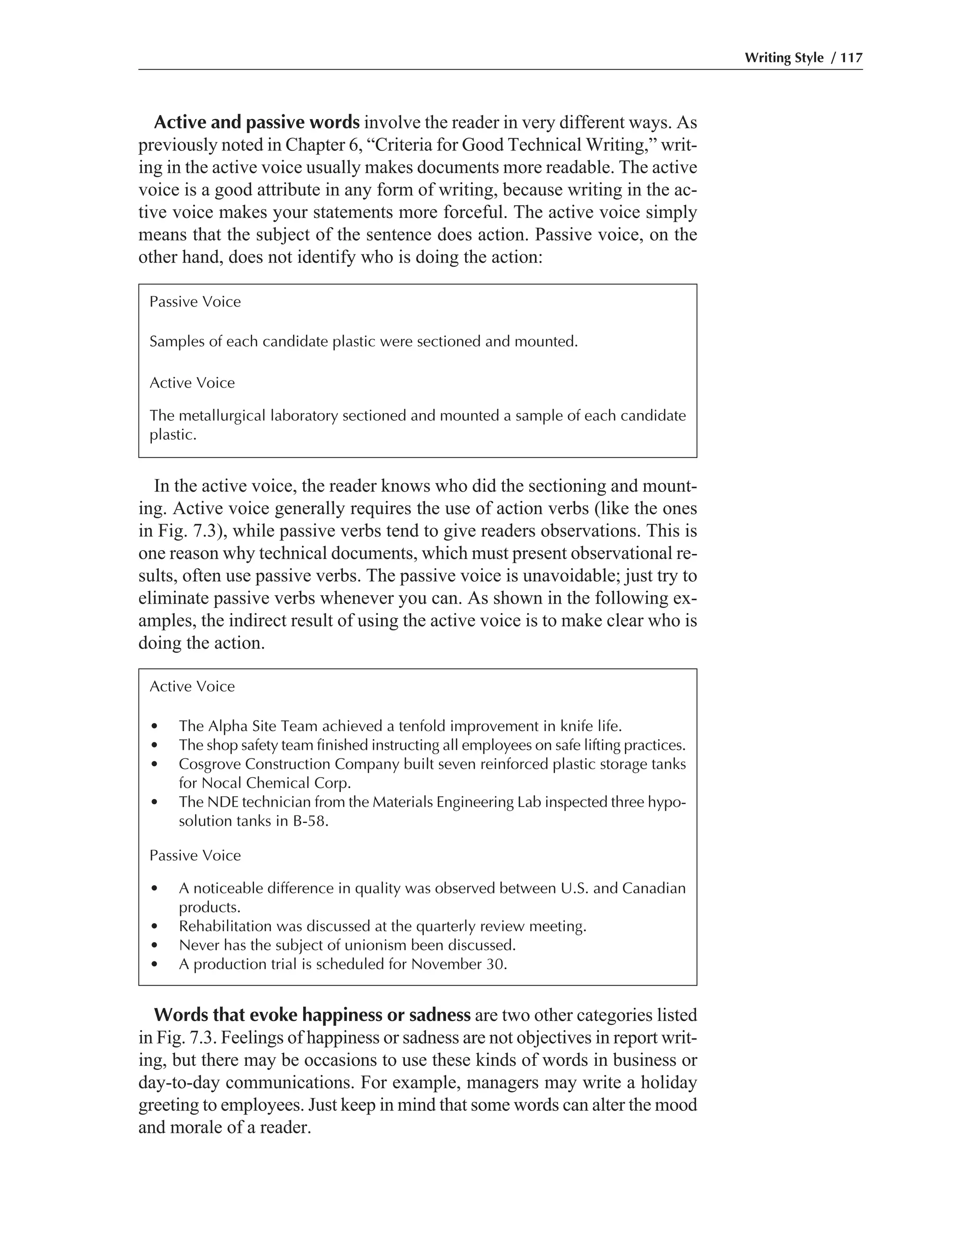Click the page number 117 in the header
[851, 58]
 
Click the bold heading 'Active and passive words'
[256, 122]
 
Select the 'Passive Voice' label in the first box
[195, 301]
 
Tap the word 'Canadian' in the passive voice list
[654, 888]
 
